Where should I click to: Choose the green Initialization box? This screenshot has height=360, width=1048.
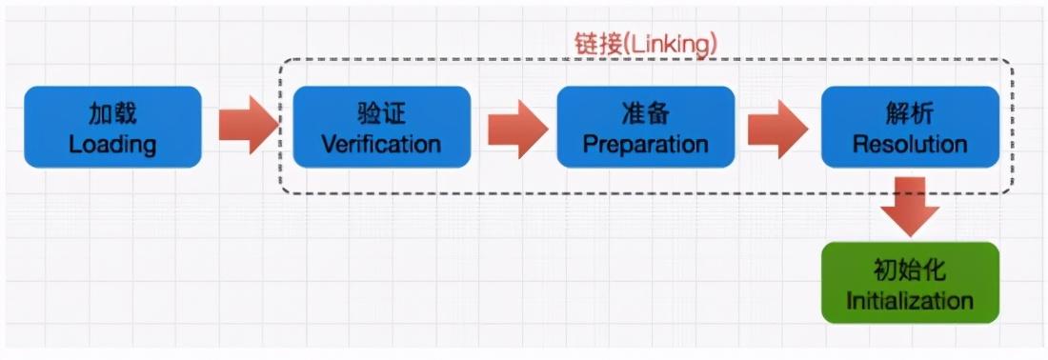point(910,282)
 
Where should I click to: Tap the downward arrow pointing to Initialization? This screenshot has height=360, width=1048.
point(909,206)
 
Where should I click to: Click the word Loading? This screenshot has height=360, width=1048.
point(112,145)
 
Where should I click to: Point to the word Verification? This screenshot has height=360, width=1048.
point(381,145)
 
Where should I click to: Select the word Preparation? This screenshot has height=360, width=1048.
point(645,145)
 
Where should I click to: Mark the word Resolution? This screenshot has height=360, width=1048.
point(910,145)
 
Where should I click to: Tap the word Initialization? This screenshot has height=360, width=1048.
point(910,302)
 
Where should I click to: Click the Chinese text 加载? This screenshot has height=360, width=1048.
point(112,114)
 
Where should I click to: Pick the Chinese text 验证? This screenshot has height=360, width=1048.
point(381,114)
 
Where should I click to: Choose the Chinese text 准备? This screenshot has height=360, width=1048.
point(645,114)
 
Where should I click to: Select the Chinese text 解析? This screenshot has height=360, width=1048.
point(910,114)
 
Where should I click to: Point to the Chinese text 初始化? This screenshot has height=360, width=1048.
point(910,270)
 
